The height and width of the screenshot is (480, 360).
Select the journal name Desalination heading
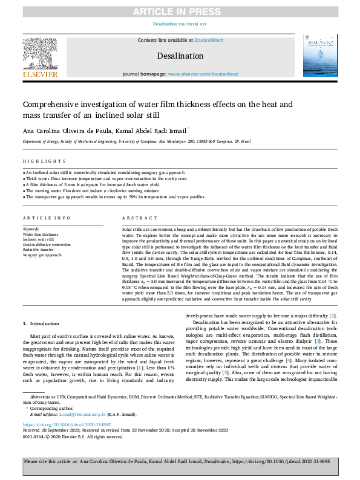point(180,56)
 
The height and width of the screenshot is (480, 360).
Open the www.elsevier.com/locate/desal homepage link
point(203,74)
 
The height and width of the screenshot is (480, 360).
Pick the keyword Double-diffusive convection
point(47,245)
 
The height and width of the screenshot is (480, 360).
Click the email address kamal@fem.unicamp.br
point(84,414)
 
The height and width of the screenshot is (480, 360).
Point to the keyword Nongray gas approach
point(42,255)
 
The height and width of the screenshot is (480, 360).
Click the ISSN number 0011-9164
point(35,435)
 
